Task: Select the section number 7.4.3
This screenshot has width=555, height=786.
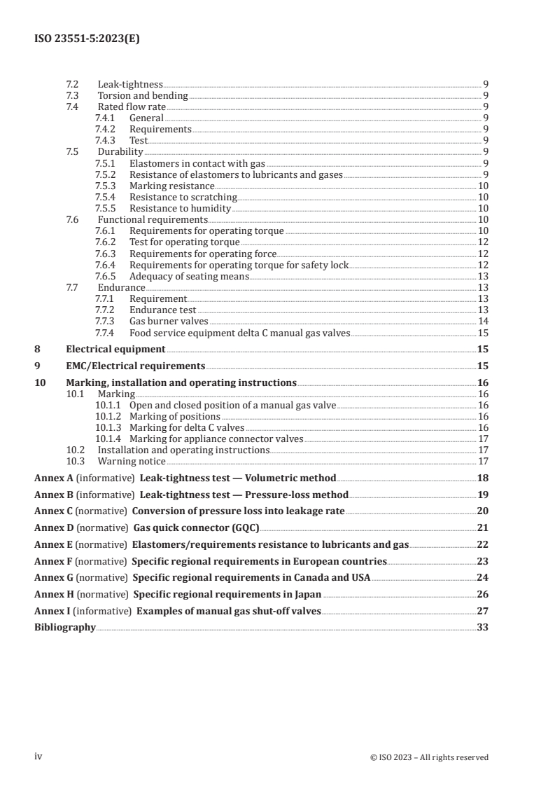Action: [104, 140]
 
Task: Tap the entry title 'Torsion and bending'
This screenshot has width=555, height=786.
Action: [143, 95]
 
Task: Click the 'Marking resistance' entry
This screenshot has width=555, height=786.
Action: [171, 186]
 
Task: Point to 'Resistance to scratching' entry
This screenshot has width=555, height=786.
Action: [183, 197]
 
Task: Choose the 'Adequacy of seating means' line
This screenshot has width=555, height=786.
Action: [189, 276]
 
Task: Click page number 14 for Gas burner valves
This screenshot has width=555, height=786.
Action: [482, 321]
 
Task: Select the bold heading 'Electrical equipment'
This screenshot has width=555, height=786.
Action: [115, 349]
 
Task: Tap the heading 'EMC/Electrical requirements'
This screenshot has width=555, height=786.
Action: [135, 366]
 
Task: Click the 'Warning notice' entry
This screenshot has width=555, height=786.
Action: [132, 461]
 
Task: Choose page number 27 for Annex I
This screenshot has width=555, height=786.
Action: [482, 611]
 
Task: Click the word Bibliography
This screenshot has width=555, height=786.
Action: [65, 628]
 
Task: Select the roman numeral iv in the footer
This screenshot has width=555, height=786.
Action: [38, 757]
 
